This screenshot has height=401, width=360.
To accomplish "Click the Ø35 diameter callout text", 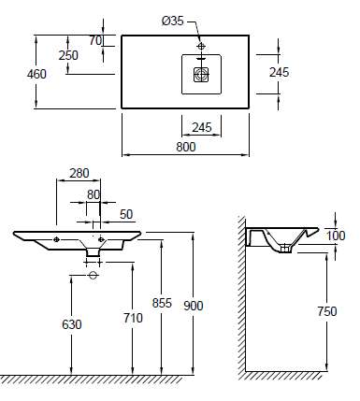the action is pyautogui.click(x=173, y=21).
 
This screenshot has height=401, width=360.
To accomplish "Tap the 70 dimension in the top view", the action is pyautogui.click(x=95, y=40).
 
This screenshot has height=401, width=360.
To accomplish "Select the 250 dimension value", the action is pyautogui.click(x=68, y=55).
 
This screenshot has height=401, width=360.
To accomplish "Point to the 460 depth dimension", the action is pyautogui.click(x=36, y=74).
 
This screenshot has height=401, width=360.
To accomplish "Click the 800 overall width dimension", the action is pyautogui.click(x=186, y=147).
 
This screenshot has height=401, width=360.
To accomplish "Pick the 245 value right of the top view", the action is pyautogui.click(x=280, y=72).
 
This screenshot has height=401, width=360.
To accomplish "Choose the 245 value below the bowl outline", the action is pyautogui.click(x=202, y=127).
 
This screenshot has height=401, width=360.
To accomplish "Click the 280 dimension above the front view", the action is pyautogui.click(x=79, y=173).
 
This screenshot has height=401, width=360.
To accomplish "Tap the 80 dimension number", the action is pyautogui.click(x=94, y=194).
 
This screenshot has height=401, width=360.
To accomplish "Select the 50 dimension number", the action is pyautogui.click(x=126, y=214).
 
